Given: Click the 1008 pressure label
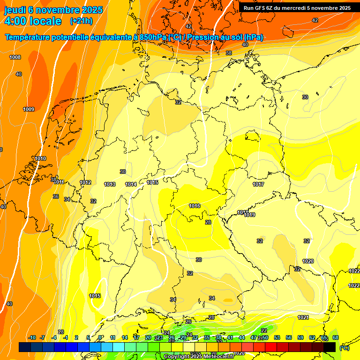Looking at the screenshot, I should coord(15,57).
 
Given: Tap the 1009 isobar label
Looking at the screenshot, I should coord(29,109).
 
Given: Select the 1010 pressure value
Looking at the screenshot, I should coord(40,159).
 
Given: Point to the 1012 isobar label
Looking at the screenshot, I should coord(85,183).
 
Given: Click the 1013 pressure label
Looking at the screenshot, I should coord(110,185).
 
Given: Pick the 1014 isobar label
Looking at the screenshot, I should coord(131,185).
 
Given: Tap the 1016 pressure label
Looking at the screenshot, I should coord(195,206).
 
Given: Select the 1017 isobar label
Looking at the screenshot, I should coord(258,185).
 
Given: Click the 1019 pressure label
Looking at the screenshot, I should coord(249,215).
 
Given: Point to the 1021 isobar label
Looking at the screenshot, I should coord(303,317).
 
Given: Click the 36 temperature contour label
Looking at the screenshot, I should coord(56,197).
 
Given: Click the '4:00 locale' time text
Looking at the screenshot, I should coord(32,21).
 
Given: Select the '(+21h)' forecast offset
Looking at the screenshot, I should coord(81,21).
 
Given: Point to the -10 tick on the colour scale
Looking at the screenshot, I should coord(32,338).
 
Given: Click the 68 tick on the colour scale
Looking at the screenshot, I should coord(336,338).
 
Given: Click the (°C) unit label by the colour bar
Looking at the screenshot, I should coord(344,348).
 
